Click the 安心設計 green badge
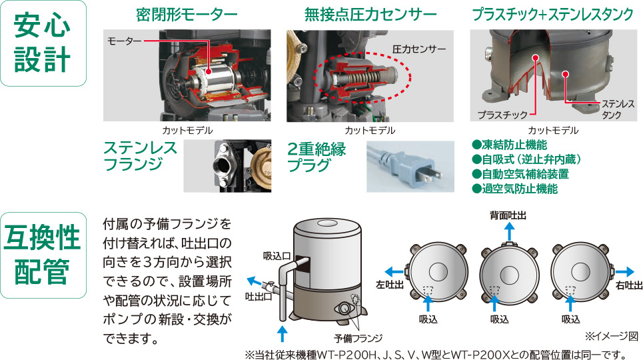[x=43, y=43]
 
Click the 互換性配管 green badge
[x=43, y=255]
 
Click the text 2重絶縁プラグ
[x=317, y=157]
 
